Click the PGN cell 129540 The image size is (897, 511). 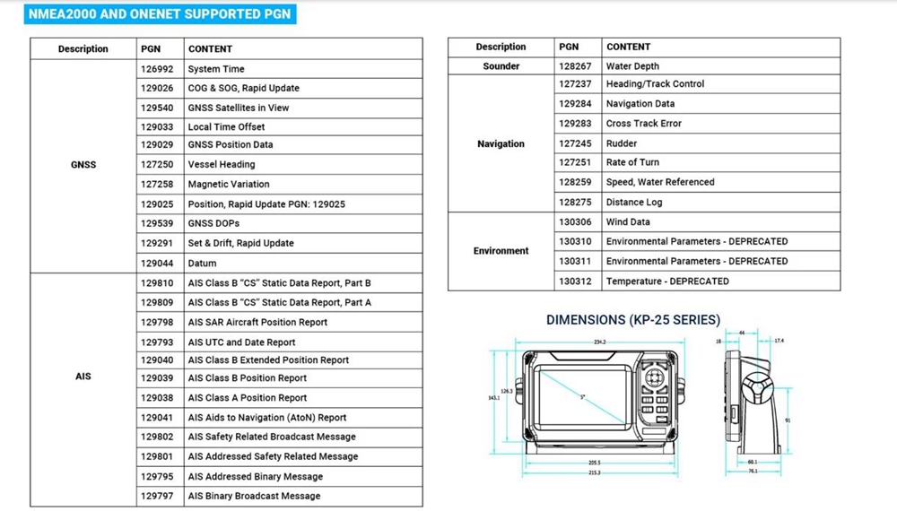pos(157,108)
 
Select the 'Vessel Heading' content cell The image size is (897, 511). pos(222,165)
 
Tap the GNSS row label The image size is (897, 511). pos(83,165)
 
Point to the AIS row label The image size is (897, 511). pos(83,377)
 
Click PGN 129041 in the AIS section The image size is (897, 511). pos(157,418)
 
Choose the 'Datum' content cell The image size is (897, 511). pos(203,264)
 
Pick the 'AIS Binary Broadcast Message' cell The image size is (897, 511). pos(254,496)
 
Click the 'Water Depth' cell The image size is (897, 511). pos(632,66)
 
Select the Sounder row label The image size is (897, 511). pos(501,66)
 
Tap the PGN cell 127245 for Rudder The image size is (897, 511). pos(575,143)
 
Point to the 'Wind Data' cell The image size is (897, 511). pos(628,221)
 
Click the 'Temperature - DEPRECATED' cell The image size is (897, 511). pos(667,281)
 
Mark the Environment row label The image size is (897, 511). pos(501,251)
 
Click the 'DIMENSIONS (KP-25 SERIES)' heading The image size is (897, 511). pos(633,320)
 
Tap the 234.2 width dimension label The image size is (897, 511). pos(599,342)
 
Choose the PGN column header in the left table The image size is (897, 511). pos(151,48)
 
